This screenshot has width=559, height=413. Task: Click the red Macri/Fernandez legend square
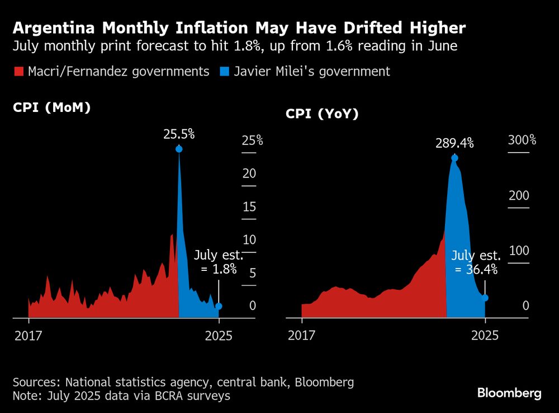tap(18, 72)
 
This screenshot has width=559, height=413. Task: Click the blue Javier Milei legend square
tap(224, 72)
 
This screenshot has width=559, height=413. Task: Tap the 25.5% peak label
tap(179, 134)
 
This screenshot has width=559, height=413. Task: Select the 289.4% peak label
tap(454, 143)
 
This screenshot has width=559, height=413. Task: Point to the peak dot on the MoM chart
tap(179, 149)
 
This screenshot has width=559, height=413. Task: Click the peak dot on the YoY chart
tap(454, 158)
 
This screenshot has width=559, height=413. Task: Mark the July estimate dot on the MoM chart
tap(219, 306)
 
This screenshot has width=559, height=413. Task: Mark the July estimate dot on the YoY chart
tap(485, 298)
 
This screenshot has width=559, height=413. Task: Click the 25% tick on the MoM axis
tap(252, 140)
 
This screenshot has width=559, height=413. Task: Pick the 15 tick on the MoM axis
tap(249, 206)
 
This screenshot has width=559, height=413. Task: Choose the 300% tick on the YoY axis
tap(522, 140)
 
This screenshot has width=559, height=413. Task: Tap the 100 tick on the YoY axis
tap(518, 250)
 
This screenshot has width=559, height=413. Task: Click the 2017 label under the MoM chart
tap(29, 336)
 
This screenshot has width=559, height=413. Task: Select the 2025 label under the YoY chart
tap(485, 336)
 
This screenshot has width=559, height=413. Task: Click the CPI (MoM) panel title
tap(51, 107)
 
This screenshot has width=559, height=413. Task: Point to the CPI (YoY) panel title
tap(322, 114)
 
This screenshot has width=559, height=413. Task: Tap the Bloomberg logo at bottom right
tap(509, 393)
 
